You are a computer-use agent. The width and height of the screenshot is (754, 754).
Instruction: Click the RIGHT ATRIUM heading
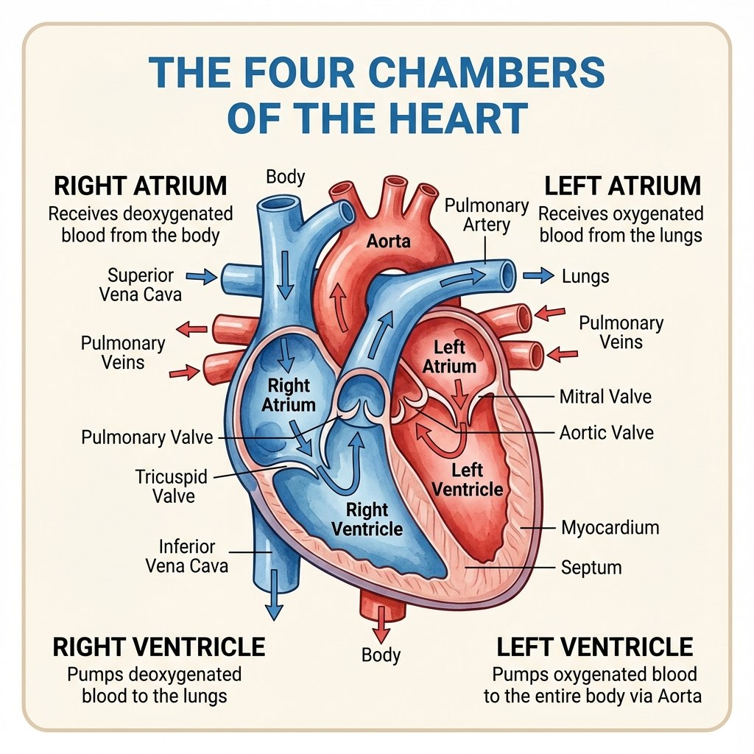coord(140,186)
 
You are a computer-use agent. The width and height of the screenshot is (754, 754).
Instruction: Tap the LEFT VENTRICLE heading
coord(594,646)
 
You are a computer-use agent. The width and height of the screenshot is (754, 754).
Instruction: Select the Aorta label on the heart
coord(389,241)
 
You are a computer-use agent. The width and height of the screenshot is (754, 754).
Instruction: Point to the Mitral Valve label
coord(605,397)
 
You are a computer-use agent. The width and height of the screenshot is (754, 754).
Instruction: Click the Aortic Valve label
coord(607,433)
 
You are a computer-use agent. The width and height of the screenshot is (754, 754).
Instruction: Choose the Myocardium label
coord(610,527)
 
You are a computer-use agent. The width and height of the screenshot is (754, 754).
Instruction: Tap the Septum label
coord(591,568)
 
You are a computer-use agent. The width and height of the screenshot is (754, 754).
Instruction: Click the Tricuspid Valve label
coord(172,486)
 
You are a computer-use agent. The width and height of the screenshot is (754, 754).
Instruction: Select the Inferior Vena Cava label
coord(186,556)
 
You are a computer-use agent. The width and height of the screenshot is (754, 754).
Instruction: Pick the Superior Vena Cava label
coord(141,285)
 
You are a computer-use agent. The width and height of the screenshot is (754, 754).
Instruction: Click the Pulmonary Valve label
coord(147,437)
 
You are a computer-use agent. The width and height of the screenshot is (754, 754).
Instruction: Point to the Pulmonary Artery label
coord(486,215)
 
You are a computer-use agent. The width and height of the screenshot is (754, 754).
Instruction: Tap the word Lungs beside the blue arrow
coord(585,277)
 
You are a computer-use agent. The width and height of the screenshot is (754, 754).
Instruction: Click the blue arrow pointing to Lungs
coord(538,275)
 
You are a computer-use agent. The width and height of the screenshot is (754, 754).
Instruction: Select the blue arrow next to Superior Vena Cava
coord(202,277)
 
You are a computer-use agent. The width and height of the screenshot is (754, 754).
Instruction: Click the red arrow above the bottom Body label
coord(381,624)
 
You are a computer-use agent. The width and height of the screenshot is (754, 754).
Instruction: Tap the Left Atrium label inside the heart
coord(449,357)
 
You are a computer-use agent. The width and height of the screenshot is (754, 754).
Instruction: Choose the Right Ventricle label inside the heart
coord(367,519)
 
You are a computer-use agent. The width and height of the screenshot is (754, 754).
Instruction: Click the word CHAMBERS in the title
coord(486,72)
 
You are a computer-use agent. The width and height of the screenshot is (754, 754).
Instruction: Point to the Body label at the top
coord(285,177)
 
